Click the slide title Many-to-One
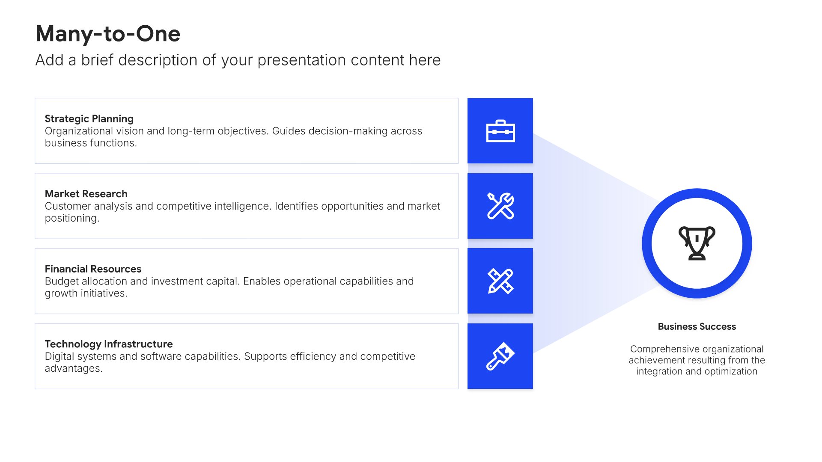tap(108, 33)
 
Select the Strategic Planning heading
tap(89, 119)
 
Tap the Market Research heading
tap(86, 194)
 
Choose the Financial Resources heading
tap(93, 269)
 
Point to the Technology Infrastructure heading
tap(109, 344)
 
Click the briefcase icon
tap(500, 131)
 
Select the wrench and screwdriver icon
tap(500, 206)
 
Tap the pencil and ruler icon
tap(500, 281)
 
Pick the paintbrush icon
tap(500, 356)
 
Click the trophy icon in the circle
tap(697, 243)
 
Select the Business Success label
tap(697, 327)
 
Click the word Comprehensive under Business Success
tap(666, 349)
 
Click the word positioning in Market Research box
tap(72, 219)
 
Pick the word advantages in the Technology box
tap(74, 369)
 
